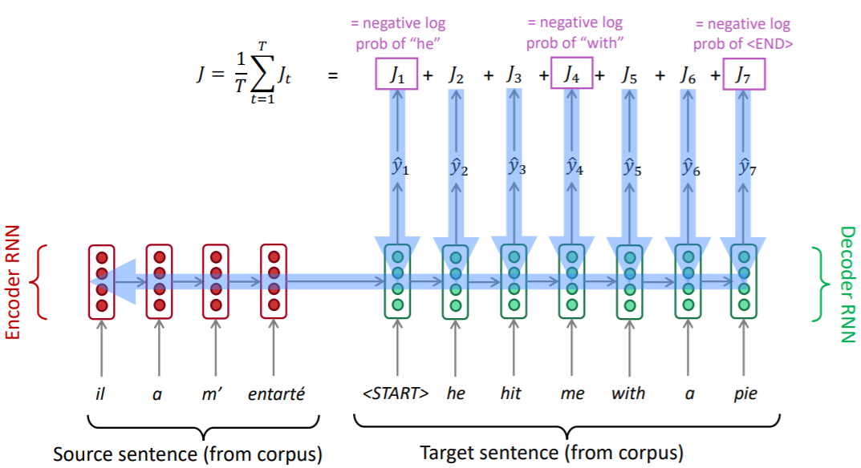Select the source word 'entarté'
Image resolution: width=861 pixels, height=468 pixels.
[274, 393]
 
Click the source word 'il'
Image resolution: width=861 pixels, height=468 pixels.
[100, 393]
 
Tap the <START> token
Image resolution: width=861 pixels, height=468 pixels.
[396, 393]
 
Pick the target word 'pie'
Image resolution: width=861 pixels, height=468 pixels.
[745, 393]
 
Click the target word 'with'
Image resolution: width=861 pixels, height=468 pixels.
[628, 393]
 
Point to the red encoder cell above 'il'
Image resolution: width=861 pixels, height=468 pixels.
[101, 281]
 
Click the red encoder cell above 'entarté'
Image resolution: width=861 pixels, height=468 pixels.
[274, 281]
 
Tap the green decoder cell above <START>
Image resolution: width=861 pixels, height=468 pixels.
[396, 281]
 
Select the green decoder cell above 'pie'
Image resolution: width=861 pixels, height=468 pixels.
[745, 281]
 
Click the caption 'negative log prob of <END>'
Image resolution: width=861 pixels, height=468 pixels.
[743, 34]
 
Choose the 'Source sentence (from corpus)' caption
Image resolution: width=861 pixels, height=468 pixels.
[187, 454]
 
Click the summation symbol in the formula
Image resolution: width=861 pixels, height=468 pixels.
[258, 76]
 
